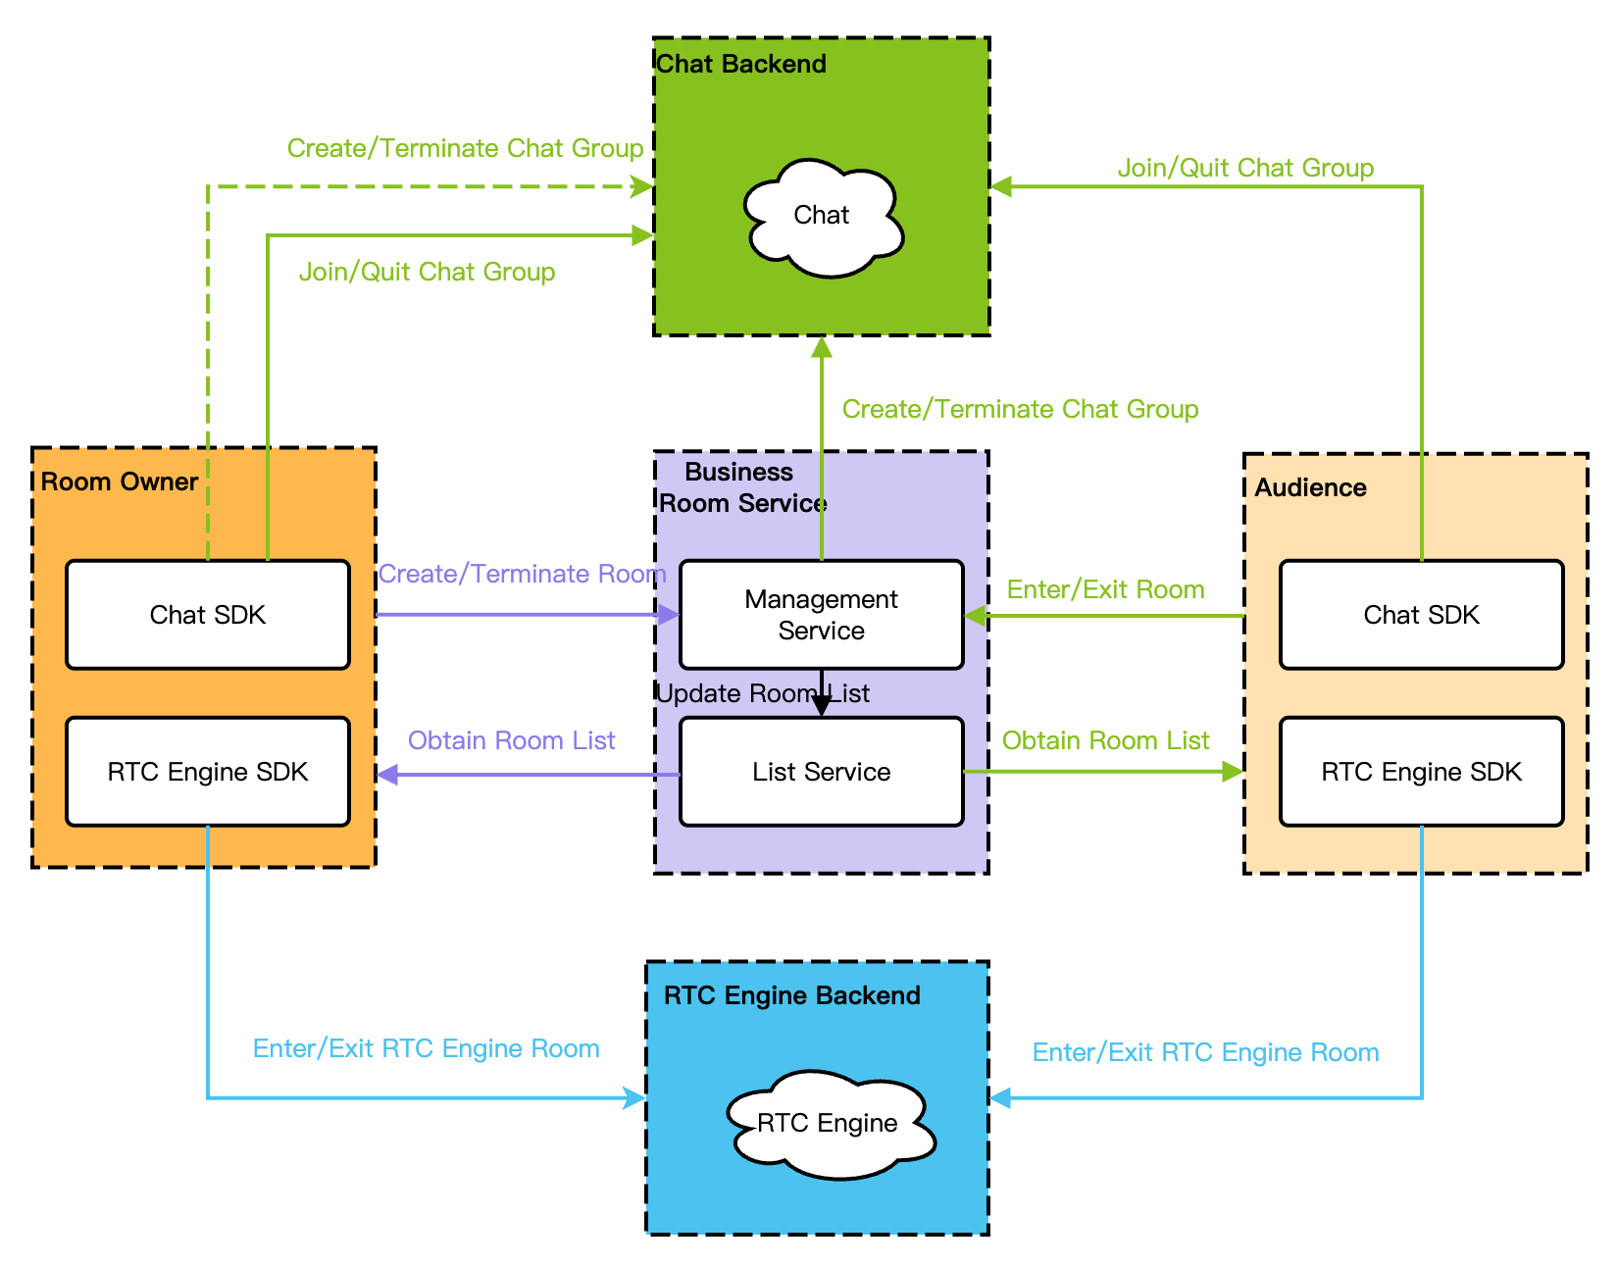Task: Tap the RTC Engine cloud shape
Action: click(x=829, y=1124)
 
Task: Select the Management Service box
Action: click(x=822, y=615)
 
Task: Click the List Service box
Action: click(x=822, y=772)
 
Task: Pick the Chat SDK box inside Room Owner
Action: click(x=208, y=615)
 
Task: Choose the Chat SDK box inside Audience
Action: click(x=1421, y=615)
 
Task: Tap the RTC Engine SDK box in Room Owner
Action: click(x=208, y=772)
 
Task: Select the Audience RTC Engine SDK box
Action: click(x=1421, y=772)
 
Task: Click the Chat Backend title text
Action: click(x=741, y=64)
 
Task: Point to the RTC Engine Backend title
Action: click(x=791, y=995)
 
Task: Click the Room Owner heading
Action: click(x=120, y=481)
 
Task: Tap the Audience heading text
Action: click(x=1310, y=487)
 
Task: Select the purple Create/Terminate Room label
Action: click(x=522, y=574)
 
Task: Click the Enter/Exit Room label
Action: click(x=1105, y=589)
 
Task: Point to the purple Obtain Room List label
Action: click(x=511, y=740)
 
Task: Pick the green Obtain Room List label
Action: click(x=1105, y=740)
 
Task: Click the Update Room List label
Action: click(x=762, y=693)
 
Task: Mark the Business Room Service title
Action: click(x=742, y=487)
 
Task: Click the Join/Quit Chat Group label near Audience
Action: click(x=1245, y=168)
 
